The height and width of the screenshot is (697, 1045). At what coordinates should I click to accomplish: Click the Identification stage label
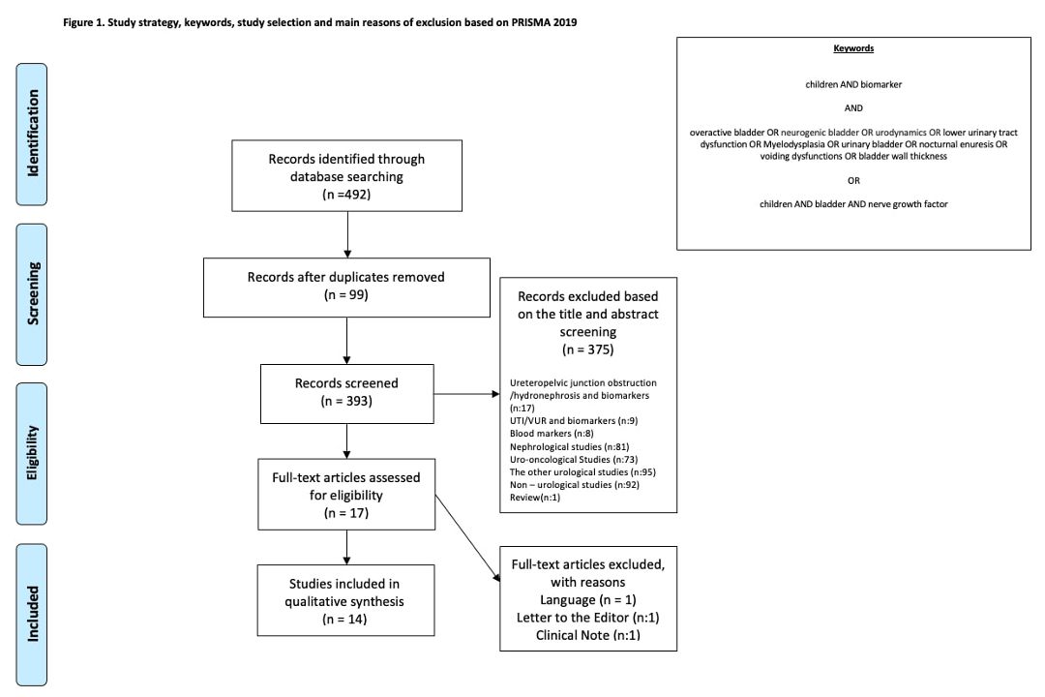(x=31, y=134)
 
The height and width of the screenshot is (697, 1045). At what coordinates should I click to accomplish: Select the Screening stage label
(x=31, y=294)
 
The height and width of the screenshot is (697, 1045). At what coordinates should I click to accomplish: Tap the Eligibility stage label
(x=31, y=454)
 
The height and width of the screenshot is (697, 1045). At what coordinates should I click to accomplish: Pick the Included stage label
(x=31, y=615)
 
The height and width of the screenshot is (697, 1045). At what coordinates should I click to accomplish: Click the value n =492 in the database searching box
(x=346, y=194)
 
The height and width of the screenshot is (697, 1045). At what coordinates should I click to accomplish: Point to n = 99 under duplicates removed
(x=345, y=295)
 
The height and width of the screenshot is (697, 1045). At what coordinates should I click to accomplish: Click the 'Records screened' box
(x=346, y=394)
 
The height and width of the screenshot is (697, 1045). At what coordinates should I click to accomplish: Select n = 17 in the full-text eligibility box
(x=345, y=513)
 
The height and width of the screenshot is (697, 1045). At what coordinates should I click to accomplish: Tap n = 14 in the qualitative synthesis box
(x=344, y=619)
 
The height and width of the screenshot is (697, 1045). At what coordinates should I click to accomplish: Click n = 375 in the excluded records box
(x=588, y=349)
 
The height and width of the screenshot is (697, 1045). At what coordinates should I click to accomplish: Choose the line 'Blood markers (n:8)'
(x=552, y=434)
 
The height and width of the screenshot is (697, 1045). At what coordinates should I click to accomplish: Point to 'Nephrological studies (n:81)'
(x=569, y=447)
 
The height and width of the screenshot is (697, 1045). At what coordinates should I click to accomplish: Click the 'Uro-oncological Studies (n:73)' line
(x=573, y=460)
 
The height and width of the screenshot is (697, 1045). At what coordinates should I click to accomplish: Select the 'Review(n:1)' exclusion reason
(x=534, y=498)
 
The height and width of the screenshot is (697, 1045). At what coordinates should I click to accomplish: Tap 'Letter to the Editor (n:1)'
(x=588, y=618)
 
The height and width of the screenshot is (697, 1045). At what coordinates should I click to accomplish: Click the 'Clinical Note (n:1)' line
(x=588, y=635)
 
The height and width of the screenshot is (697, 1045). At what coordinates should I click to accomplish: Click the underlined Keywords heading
(x=853, y=48)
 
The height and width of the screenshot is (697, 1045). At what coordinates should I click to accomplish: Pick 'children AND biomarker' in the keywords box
(x=853, y=85)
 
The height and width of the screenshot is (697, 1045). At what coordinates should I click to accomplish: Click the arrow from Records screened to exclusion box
(x=466, y=394)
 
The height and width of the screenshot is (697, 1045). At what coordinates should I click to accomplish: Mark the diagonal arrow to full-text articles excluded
(x=467, y=537)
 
